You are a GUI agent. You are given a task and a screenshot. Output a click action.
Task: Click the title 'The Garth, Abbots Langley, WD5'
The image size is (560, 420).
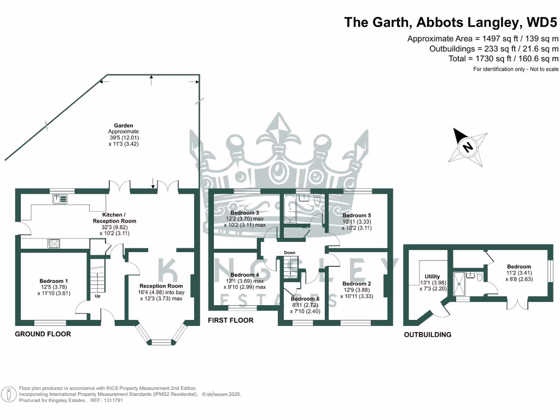(451, 22)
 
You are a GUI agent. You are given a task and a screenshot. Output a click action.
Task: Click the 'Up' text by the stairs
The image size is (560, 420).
(98, 296)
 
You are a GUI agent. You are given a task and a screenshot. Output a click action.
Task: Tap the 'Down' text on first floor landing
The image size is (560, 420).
(290, 253)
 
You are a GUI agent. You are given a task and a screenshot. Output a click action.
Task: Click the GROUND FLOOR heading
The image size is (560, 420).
(43, 334)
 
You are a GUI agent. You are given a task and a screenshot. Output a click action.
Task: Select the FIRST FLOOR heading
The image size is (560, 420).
(230, 320)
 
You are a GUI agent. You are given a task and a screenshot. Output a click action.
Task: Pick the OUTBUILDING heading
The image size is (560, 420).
(428, 335)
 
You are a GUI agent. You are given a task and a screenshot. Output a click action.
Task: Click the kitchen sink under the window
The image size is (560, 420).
(60, 199)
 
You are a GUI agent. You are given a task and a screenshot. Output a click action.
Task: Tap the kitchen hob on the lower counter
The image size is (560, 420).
(55, 243)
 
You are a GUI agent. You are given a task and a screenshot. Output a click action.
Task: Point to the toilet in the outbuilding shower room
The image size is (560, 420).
(480, 277)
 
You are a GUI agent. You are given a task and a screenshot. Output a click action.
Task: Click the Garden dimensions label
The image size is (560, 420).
(124, 135)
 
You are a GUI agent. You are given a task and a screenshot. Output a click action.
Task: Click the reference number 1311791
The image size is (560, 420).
(114, 400)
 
